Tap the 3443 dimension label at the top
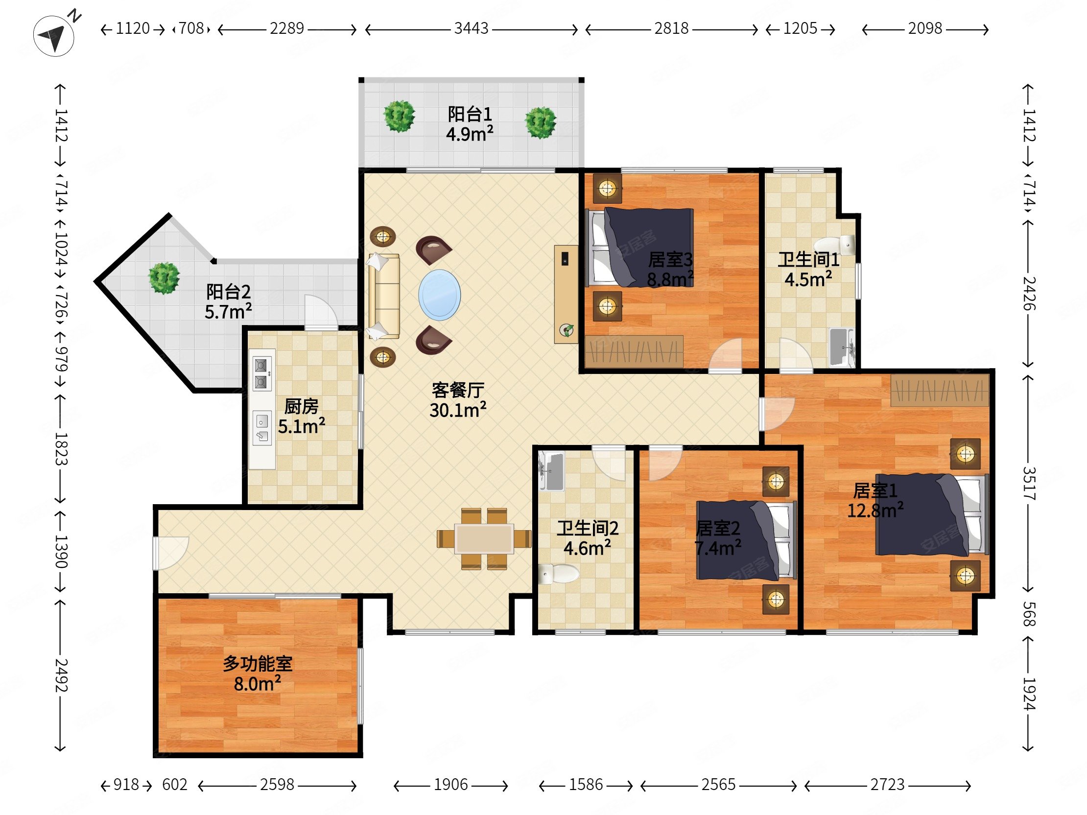471,28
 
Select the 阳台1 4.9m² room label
470,124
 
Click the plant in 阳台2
164,278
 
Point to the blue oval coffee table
439,295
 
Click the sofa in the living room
383,296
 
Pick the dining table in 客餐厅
484,539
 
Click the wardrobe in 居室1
940,390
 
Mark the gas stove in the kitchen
261,373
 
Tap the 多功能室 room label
258,664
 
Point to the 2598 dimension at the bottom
277,785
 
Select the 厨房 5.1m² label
301,416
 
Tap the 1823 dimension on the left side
61,448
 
